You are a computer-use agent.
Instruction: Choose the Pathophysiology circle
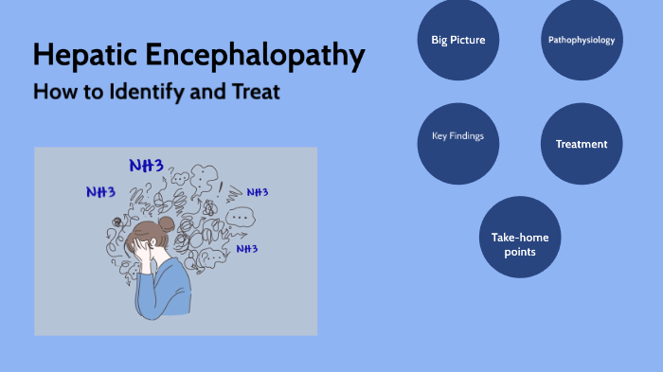582,40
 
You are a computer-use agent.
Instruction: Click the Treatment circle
582,144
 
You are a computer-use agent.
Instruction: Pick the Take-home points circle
520,244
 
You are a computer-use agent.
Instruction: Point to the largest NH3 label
146,166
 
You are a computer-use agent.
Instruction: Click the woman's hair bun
167,224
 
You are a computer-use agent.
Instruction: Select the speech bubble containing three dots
240,217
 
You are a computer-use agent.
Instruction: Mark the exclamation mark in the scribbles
221,187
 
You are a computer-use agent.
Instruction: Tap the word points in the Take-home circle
520,252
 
